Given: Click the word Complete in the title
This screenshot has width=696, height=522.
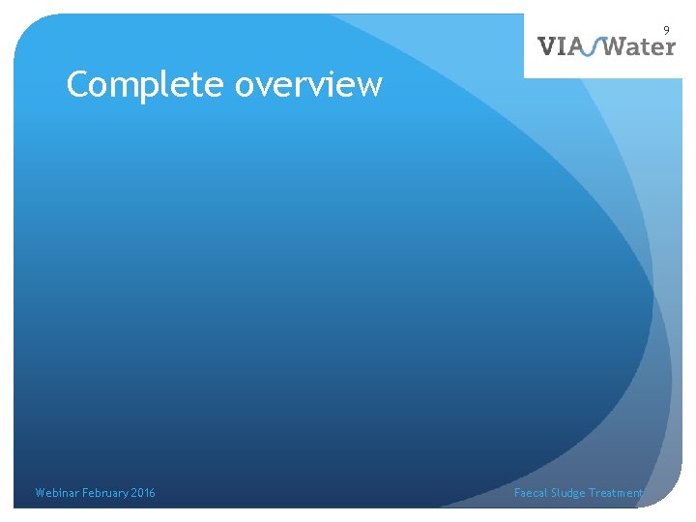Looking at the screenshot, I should point(146,85).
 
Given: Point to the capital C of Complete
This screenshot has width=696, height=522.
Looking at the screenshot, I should point(78,85).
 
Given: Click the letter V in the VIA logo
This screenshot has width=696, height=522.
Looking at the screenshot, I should point(547,45).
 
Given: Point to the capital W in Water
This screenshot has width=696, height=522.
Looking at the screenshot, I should point(614,45).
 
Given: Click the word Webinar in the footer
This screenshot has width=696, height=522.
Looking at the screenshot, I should point(56,493).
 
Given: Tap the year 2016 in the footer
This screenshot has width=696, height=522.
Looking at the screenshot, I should point(143,493).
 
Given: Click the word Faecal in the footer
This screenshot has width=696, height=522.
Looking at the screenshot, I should point(531,493).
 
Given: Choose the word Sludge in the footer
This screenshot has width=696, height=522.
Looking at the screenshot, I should point(568,493).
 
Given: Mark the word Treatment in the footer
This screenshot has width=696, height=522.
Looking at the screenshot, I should point(617,493).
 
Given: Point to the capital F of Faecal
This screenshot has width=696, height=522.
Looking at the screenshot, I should point(517,493).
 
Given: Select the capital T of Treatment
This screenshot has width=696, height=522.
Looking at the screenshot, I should point(594,493).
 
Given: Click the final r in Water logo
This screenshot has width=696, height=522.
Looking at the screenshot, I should point(670,47).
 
